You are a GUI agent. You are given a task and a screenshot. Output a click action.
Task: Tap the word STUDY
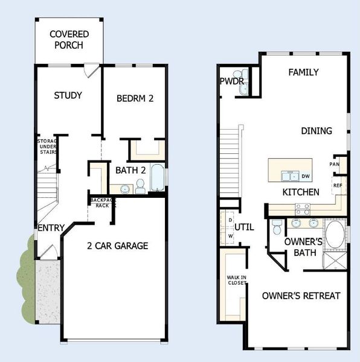pyautogui.click(x=68, y=95)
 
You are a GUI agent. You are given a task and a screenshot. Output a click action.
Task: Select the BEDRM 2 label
pyautogui.click(x=135, y=98)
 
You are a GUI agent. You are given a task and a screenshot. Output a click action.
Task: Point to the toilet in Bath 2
pyautogui.click(x=140, y=188)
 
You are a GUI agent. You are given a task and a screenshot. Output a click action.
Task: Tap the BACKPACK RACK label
pyautogui.click(x=102, y=202)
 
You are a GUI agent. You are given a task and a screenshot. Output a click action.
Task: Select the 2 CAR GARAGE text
pyautogui.click(x=117, y=246)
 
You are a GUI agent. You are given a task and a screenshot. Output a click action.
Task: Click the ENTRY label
pyautogui.click(x=51, y=228)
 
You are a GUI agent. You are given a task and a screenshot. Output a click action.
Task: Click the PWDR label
pyautogui.click(x=231, y=80)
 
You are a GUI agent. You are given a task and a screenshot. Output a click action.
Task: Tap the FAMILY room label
pyautogui.click(x=303, y=72)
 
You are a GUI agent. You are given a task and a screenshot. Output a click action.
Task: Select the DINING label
pyautogui.click(x=317, y=131)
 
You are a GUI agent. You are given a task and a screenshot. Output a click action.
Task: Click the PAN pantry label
pyautogui.click(x=335, y=164)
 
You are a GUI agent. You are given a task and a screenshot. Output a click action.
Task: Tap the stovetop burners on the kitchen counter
pyautogui.click(x=302, y=208)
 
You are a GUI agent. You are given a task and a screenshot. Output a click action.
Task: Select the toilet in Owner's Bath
pyautogui.click(x=275, y=227)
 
